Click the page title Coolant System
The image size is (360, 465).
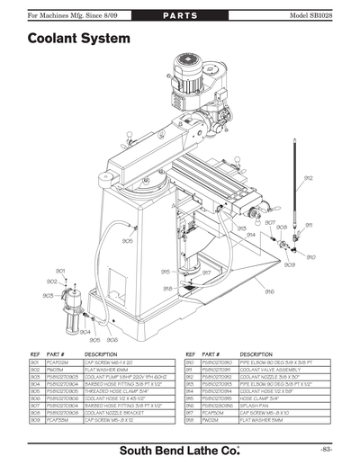coord(78,40)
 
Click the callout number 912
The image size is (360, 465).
coord(309,178)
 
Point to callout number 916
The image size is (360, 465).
coord(269,291)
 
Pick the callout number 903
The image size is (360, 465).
coord(48,295)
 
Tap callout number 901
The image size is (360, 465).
coord(60,270)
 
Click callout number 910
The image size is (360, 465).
coord(310,257)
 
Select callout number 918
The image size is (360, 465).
coord(166,288)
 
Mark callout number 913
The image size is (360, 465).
coord(242,228)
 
